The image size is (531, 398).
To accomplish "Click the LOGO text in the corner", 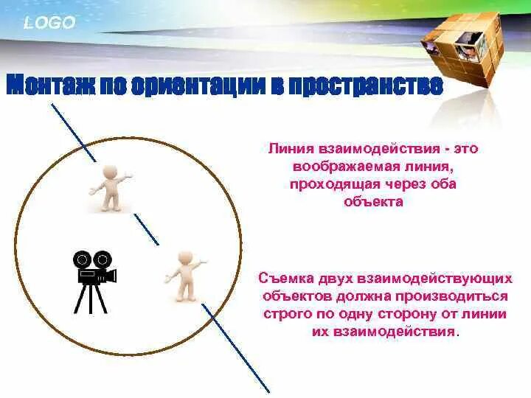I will coord(49,23).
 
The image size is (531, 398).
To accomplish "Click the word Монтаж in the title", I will coord(49,85).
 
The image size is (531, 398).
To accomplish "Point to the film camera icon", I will coord(94,270).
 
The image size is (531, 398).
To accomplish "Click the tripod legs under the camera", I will coord(90,299).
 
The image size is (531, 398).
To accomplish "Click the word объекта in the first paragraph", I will coord(373,201).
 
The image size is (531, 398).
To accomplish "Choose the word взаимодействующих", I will coord(434,279).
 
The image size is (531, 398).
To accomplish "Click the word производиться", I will coord(464,296).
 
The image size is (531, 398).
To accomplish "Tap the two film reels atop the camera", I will coord(91,259).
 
